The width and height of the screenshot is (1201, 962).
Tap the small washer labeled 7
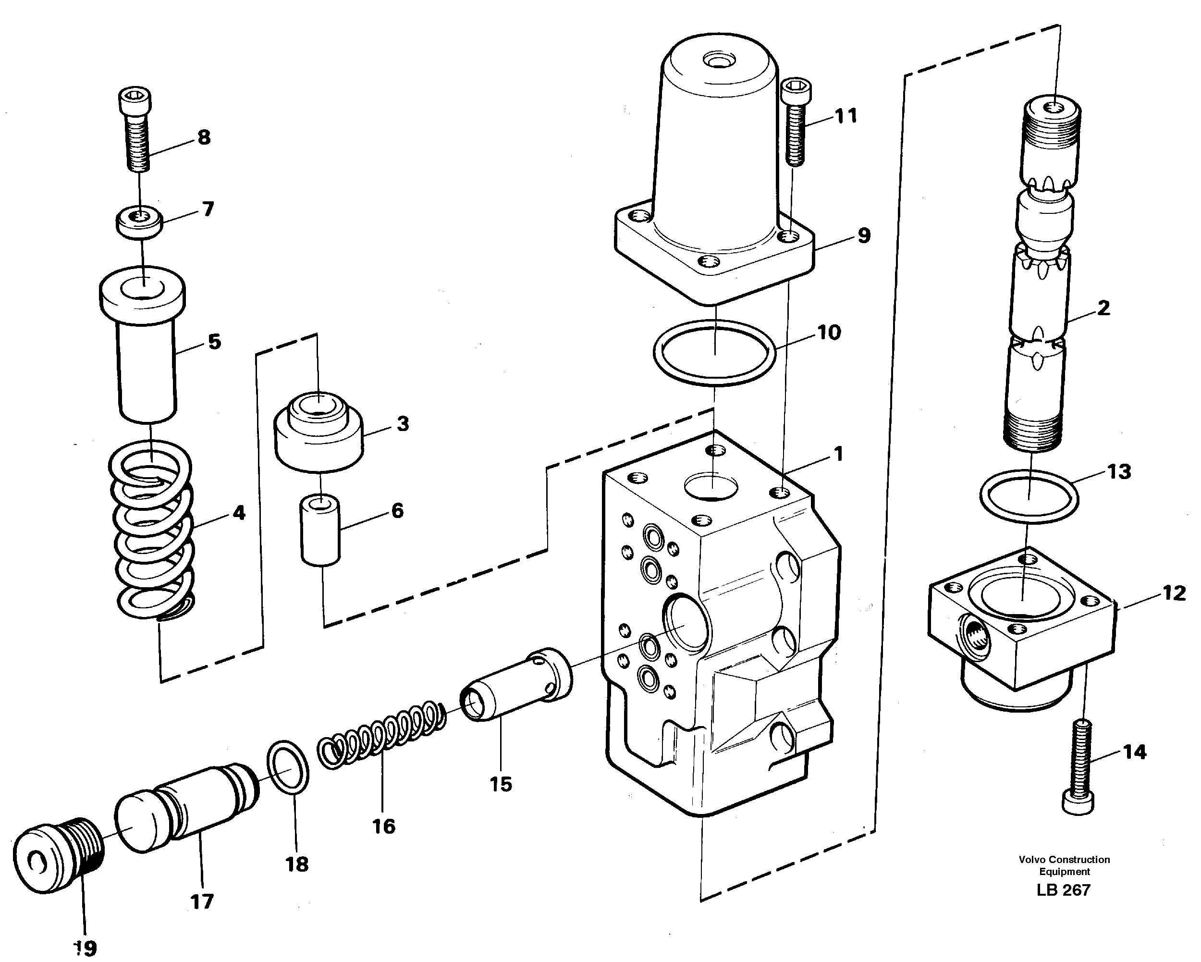[139, 222]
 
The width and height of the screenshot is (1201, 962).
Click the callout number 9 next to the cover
[864, 235]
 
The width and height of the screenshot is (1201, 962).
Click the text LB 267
[1063, 889]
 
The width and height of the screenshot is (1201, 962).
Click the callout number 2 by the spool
[1103, 308]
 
